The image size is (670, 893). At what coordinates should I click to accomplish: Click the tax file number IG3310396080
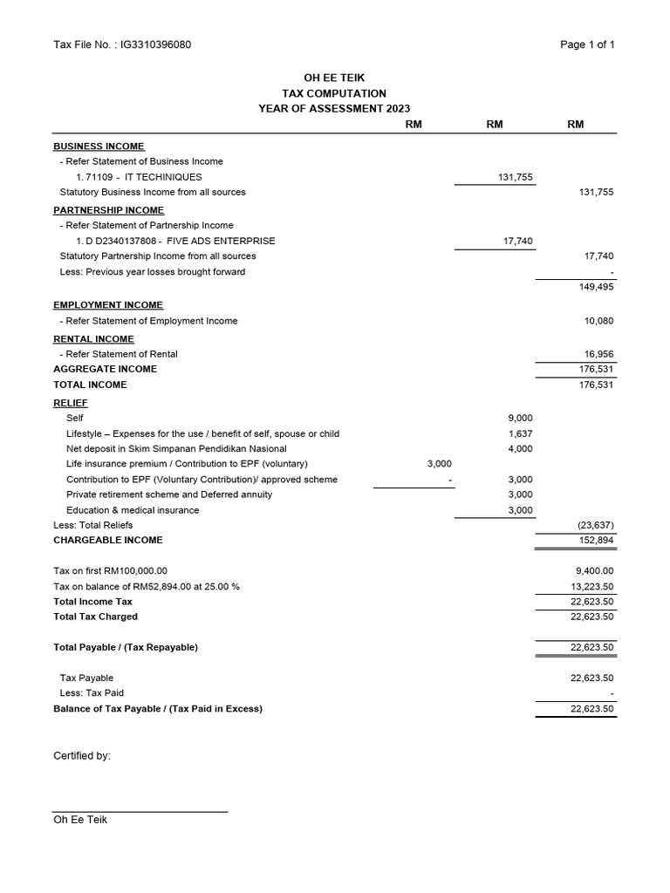coord(156,45)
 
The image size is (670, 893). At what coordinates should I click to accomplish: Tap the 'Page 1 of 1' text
coord(587,45)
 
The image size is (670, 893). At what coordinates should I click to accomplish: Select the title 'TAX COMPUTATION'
coord(334,93)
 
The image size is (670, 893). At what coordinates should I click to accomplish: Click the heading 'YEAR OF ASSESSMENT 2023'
coord(334,109)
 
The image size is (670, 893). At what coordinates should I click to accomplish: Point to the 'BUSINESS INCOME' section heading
coord(99,147)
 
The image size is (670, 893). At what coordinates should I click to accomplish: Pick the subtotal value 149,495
coord(596,287)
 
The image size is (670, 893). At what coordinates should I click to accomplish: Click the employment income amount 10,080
coord(598,321)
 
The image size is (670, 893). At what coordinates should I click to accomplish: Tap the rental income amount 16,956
coord(598,354)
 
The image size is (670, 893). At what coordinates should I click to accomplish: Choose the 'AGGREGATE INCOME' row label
coord(106,369)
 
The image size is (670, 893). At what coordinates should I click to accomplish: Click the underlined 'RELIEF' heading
coord(71,403)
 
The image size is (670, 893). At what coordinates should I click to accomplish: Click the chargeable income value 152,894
coord(596,540)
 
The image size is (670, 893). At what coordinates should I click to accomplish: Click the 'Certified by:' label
coord(82,756)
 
